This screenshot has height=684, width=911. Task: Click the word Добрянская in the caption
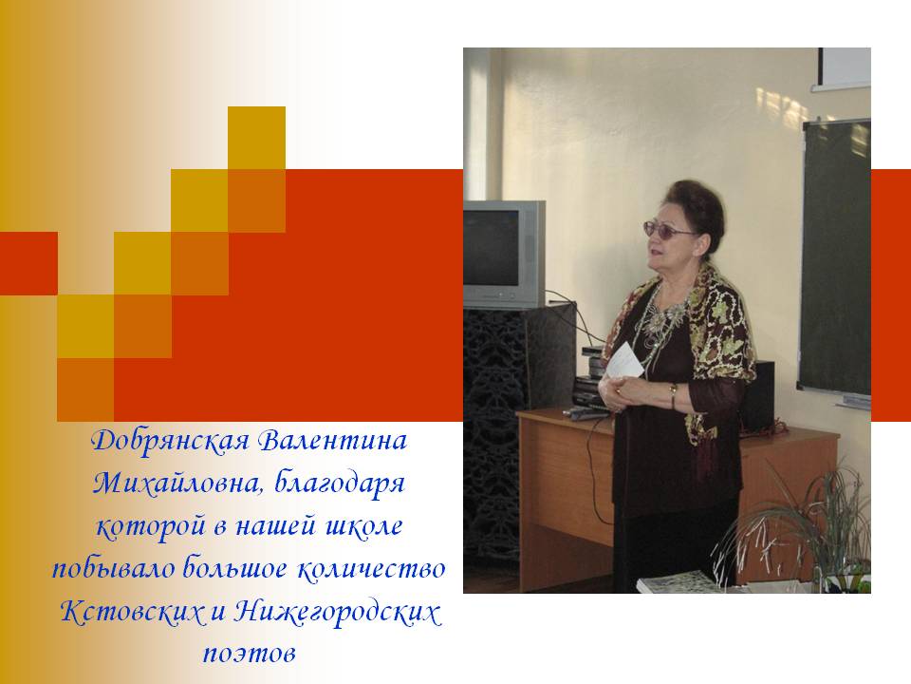(x=170, y=442)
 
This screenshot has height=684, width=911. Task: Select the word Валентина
(x=332, y=440)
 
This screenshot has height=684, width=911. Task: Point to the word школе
(x=364, y=525)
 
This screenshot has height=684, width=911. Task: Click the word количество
(x=371, y=568)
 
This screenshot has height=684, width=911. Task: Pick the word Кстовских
(x=133, y=612)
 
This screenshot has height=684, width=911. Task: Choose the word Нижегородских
(x=337, y=612)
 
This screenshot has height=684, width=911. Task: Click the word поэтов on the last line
(x=250, y=654)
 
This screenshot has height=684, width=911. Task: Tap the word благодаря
(x=339, y=484)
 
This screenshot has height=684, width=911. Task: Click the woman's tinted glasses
(x=668, y=229)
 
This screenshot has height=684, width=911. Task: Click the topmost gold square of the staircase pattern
(x=256, y=138)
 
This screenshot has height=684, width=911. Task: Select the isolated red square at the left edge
(x=28, y=263)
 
